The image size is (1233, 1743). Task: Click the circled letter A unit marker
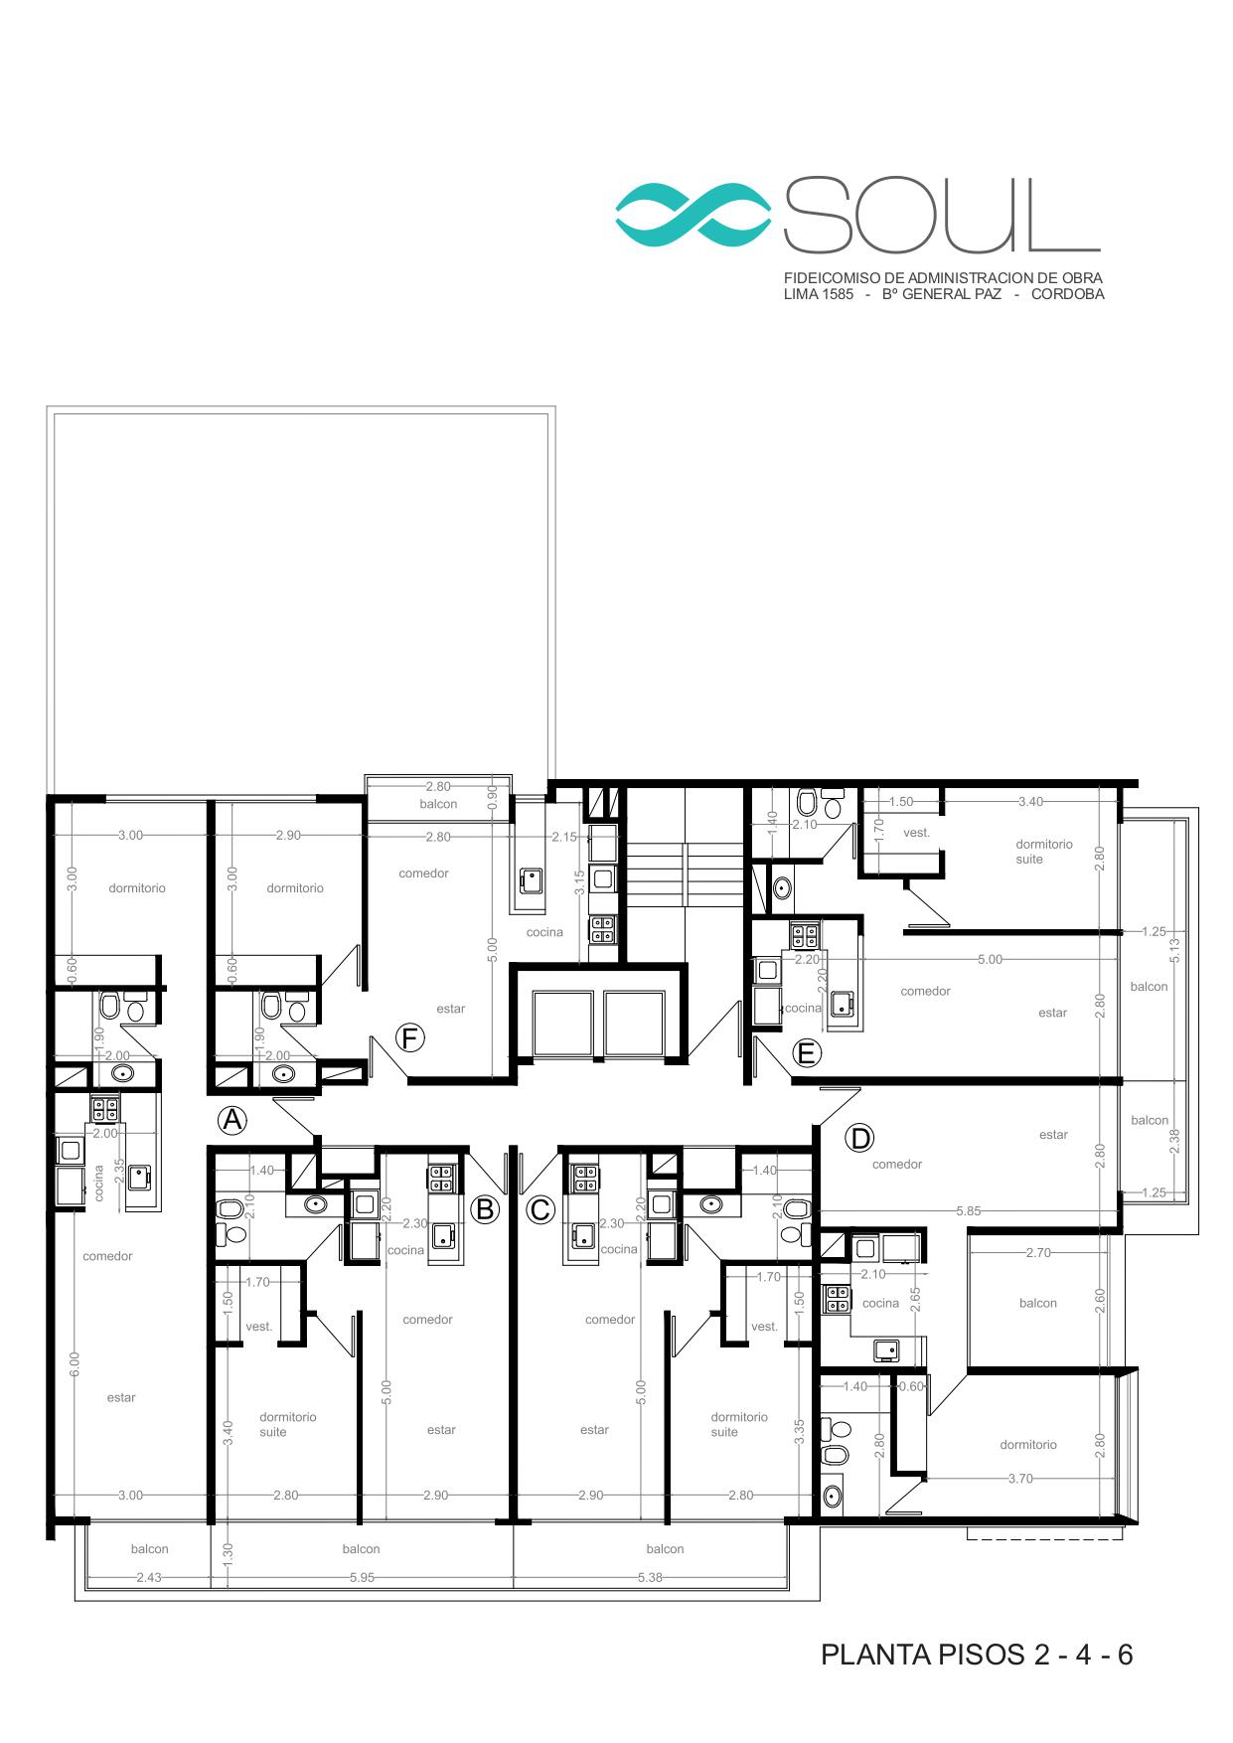click(232, 1120)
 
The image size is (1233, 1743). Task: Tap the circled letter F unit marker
click(409, 1038)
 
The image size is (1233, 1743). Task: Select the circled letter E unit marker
click(806, 1052)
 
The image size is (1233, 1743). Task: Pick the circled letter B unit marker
click(485, 1209)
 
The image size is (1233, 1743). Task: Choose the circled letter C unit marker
click(539, 1209)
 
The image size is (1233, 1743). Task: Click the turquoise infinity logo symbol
click(694, 215)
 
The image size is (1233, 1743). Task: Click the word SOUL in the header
click(942, 215)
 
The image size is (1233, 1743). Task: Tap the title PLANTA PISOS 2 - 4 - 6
click(977, 1655)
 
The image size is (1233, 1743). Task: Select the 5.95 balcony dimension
click(362, 1577)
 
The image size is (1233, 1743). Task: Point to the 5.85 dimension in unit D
click(968, 1211)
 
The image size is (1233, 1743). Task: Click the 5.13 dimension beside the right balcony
click(1174, 951)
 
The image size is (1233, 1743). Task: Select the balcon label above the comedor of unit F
click(438, 804)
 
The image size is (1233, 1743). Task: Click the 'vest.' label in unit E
click(917, 833)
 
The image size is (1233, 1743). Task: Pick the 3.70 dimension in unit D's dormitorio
click(1019, 1479)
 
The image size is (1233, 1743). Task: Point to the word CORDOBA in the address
click(1067, 294)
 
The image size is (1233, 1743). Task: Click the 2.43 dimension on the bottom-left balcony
click(149, 1577)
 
